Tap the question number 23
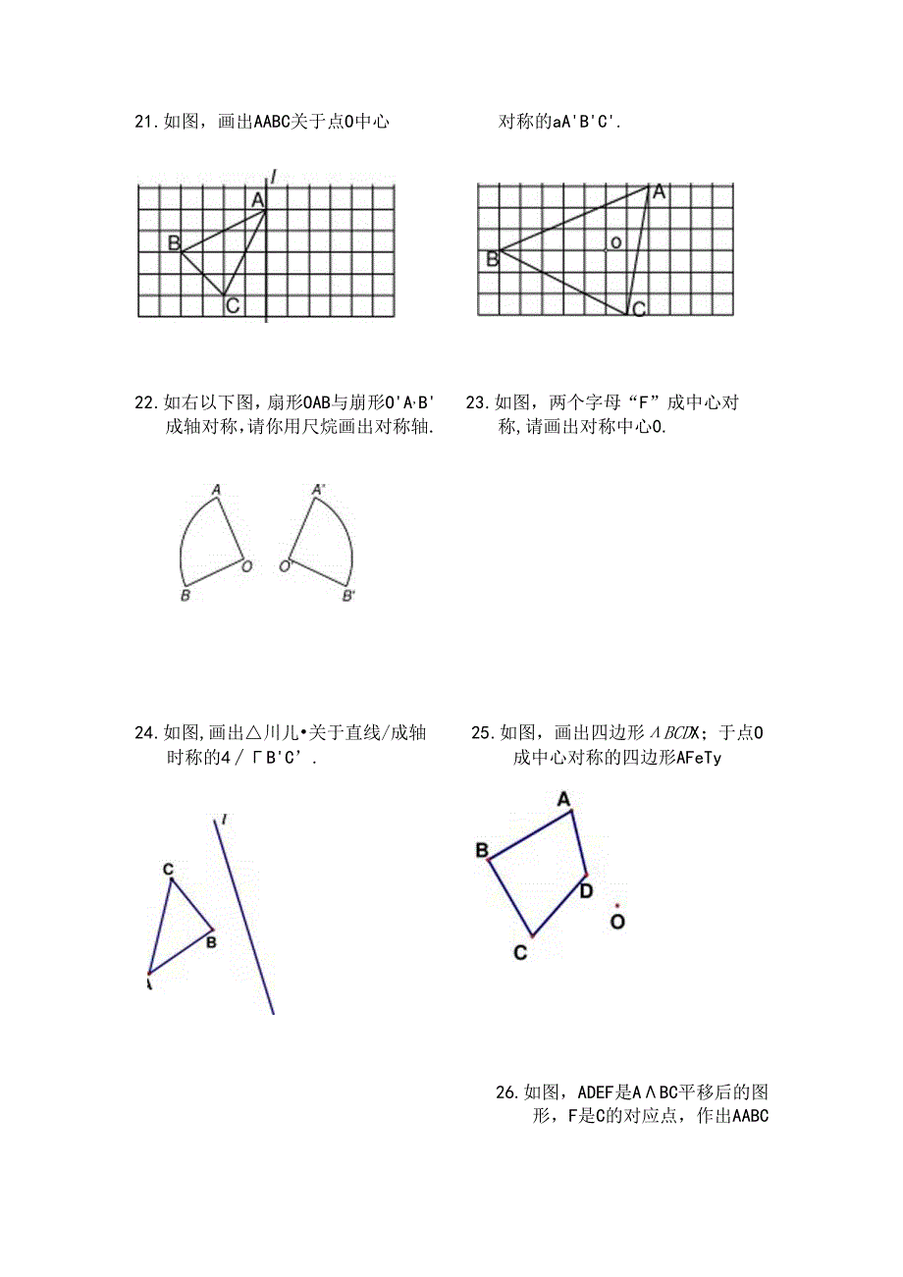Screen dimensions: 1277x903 477,402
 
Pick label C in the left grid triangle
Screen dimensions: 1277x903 233,306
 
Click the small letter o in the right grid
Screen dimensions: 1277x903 615,241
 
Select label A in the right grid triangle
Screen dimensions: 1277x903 660,192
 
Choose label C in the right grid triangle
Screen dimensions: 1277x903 638,310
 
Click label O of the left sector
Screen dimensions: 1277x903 246,566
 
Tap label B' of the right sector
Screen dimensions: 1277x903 347,596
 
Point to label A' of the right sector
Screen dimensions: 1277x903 318,489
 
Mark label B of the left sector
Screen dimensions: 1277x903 185,596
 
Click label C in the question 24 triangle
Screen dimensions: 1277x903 168,869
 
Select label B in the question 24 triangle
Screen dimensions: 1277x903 210,942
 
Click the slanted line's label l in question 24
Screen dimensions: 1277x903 225,820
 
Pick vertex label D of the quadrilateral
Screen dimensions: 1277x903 585,890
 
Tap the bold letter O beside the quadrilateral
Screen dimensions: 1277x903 617,922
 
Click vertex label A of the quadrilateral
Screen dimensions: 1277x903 564,800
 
